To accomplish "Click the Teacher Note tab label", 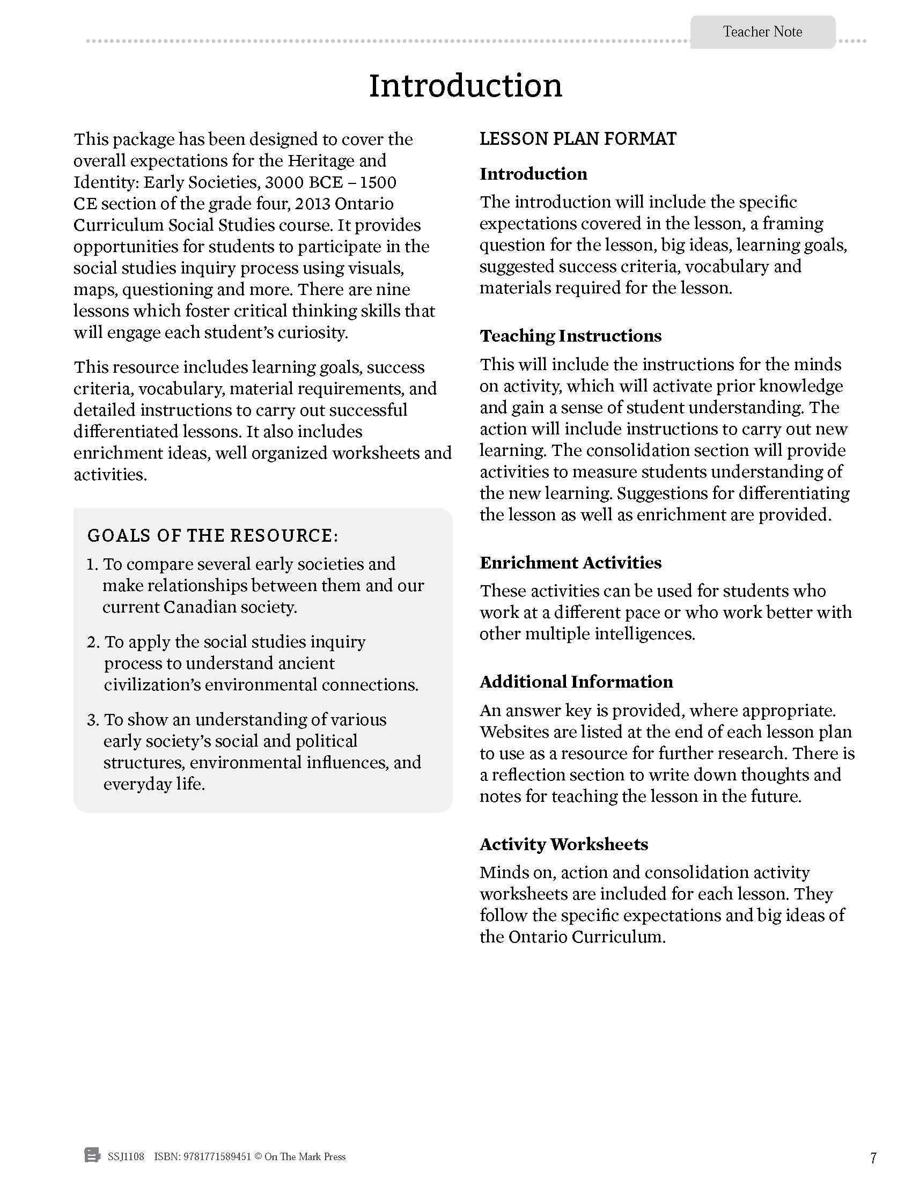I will click(x=762, y=32).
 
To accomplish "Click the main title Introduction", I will click(x=465, y=85).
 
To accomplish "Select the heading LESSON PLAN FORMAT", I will click(x=578, y=139).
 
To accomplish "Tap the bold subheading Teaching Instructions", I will click(x=570, y=336).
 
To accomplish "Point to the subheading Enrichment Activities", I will click(x=570, y=563).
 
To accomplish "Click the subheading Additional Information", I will click(x=576, y=681).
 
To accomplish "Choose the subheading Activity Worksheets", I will click(x=563, y=844).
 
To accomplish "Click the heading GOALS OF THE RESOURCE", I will click(x=212, y=535).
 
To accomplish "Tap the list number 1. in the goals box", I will click(x=92, y=564).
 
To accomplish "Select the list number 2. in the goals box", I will click(x=93, y=642).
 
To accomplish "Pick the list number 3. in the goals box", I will click(x=93, y=720).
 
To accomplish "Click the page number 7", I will click(x=873, y=1159).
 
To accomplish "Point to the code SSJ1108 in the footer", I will click(x=126, y=1157).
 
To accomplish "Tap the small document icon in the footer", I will click(x=92, y=1156).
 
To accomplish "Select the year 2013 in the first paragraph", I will click(x=312, y=204).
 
